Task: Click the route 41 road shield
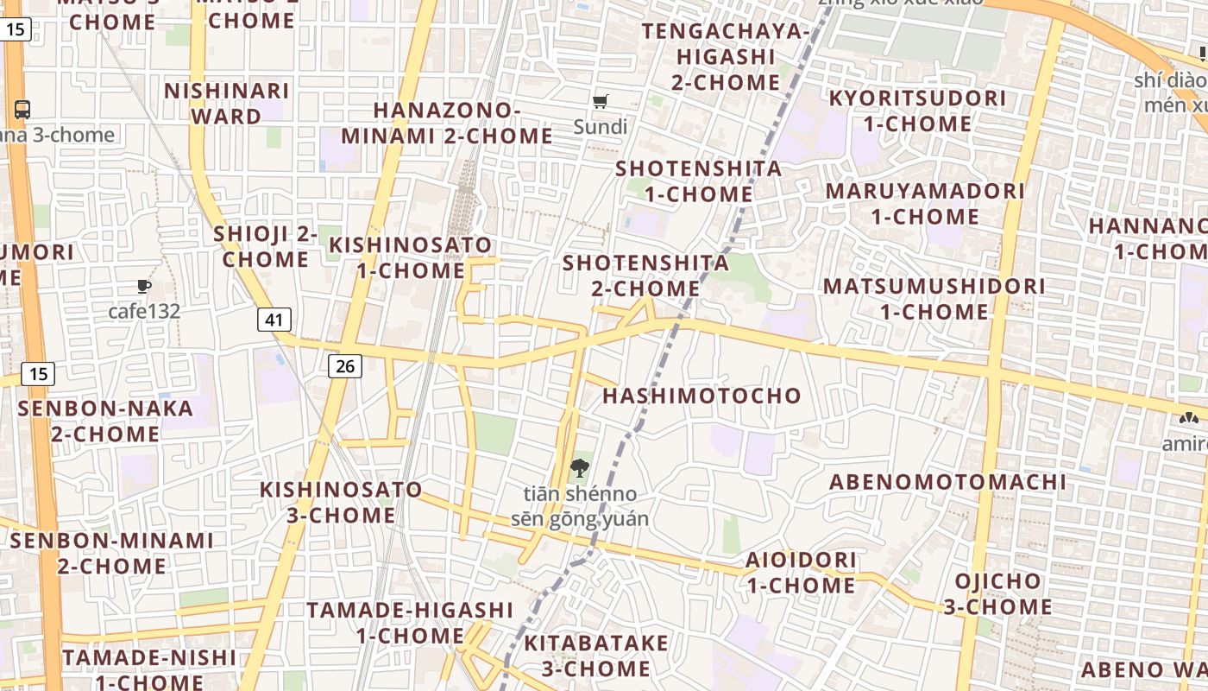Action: (x=274, y=320)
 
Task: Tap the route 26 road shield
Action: (x=344, y=366)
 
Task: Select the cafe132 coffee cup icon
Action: (x=144, y=287)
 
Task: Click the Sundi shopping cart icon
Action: (x=601, y=102)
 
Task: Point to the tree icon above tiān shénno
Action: (x=579, y=469)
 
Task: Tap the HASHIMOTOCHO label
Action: (x=702, y=396)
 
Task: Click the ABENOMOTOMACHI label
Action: (x=947, y=482)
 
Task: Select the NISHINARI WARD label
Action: (x=226, y=104)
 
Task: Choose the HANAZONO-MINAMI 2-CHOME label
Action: (x=447, y=124)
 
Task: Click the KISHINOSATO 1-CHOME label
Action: (x=411, y=257)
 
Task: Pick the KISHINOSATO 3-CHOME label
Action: (x=342, y=503)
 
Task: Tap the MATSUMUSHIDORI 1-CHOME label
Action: (x=934, y=298)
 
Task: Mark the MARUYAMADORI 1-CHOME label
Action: (x=925, y=203)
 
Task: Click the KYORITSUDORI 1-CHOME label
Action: (x=917, y=111)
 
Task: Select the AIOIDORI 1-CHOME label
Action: (x=802, y=573)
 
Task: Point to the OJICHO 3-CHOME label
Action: (x=997, y=593)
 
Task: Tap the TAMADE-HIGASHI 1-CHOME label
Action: (x=411, y=623)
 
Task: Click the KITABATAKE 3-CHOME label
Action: (x=596, y=656)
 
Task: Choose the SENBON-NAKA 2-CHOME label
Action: (x=105, y=421)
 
